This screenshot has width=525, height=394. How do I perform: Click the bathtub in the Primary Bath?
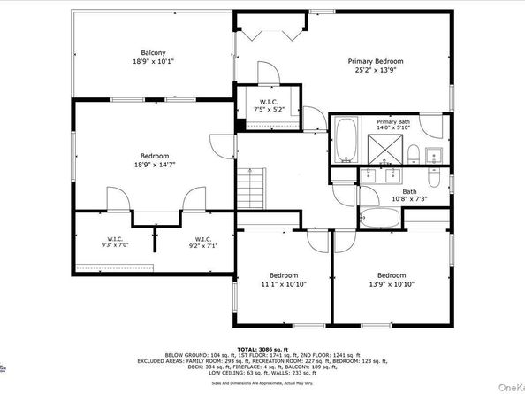click(346, 137)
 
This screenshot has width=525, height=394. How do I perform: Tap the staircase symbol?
click(255, 187)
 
